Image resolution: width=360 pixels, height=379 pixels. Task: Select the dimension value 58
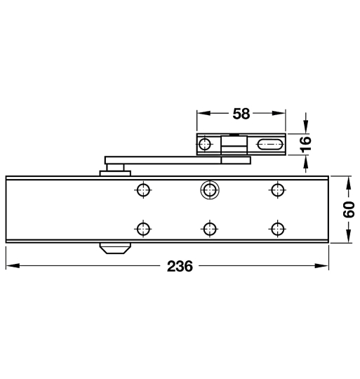pyautogui.click(x=241, y=112)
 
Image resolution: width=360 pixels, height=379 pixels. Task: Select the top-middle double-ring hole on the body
pyautogui.click(x=208, y=189)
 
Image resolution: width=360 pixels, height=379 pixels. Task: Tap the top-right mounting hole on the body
pyautogui.click(x=277, y=189)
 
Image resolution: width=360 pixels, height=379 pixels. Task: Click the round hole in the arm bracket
pyautogui.click(x=204, y=145)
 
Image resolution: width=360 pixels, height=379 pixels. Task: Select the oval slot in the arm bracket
pyautogui.click(x=269, y=145)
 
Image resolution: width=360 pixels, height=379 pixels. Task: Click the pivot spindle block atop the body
pyautogui.click(x=113, y=169)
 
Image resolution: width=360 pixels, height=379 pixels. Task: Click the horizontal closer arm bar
pyautogui.click(x=161, y=159)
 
